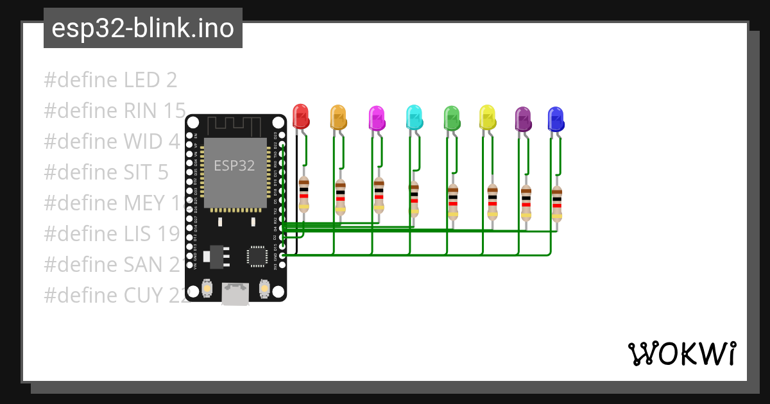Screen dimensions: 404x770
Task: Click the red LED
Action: [x=300, y=116]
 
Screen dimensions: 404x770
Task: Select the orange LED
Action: [x=338, y=117]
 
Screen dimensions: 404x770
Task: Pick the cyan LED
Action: [x=415, y=117]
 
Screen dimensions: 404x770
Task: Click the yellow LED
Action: [x=488, y=117]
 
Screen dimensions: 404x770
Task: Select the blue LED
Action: [x=556, y=119]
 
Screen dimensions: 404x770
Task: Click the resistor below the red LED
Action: [x=304, y=195]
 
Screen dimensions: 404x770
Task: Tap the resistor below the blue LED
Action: [x=556, y=204]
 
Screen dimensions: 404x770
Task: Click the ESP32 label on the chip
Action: [x=234, y=165]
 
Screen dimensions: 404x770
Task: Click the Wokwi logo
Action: [x=681, y=353]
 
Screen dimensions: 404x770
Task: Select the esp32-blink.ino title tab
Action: [x=142, y=28]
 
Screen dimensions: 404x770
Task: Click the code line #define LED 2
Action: [x=110, y=80]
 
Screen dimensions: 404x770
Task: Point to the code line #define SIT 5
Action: [x=106, y=172]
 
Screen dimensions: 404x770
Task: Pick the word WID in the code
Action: [x=139, y=141]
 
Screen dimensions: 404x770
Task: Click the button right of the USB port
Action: [x=264, y=289]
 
